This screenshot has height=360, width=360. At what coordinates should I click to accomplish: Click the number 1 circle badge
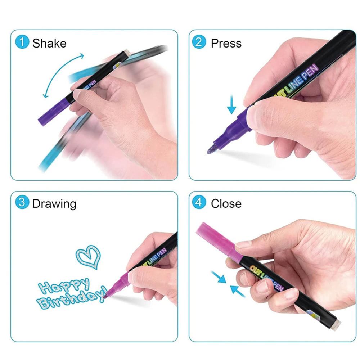[22, 42]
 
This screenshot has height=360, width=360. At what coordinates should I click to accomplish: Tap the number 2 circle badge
[199, 42]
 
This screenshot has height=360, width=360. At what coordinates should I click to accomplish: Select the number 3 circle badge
[22, 202]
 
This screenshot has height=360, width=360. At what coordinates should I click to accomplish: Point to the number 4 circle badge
[199, 202]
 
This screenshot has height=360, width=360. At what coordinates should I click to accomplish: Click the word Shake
[49, 43]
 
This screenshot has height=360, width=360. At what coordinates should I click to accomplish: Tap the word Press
[226, 43]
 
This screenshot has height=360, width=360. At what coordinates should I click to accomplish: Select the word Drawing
[54, 204]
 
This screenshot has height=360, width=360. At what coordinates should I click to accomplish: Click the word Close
[226, 204]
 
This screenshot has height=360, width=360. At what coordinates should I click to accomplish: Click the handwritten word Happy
[64, 285]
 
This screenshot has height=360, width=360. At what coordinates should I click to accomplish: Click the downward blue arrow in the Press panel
[231, 104]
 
